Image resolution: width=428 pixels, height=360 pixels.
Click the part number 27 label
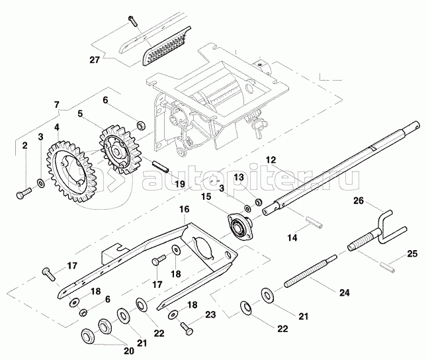tap(95, 60)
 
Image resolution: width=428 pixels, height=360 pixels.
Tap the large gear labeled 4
tap(71, 172)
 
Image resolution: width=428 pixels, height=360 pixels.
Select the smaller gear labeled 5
tap(120, 150)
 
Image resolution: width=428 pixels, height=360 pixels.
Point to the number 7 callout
tap(56, 105)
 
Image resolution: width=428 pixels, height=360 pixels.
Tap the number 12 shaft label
tap(271, 160)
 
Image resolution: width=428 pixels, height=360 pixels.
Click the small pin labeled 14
tap(314, 222)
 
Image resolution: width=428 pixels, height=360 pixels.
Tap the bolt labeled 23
tap(187, 328)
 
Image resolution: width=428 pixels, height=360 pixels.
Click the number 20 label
tap(129, 351)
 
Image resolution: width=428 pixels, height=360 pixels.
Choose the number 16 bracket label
tap(185, 209)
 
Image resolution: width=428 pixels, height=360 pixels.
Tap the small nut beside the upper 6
tap(141, 125)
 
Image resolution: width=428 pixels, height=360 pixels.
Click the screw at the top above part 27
tap(132, 21)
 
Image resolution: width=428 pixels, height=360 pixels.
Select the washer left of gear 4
tap(40, 183)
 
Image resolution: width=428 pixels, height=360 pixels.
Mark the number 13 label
tap(239, 177)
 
